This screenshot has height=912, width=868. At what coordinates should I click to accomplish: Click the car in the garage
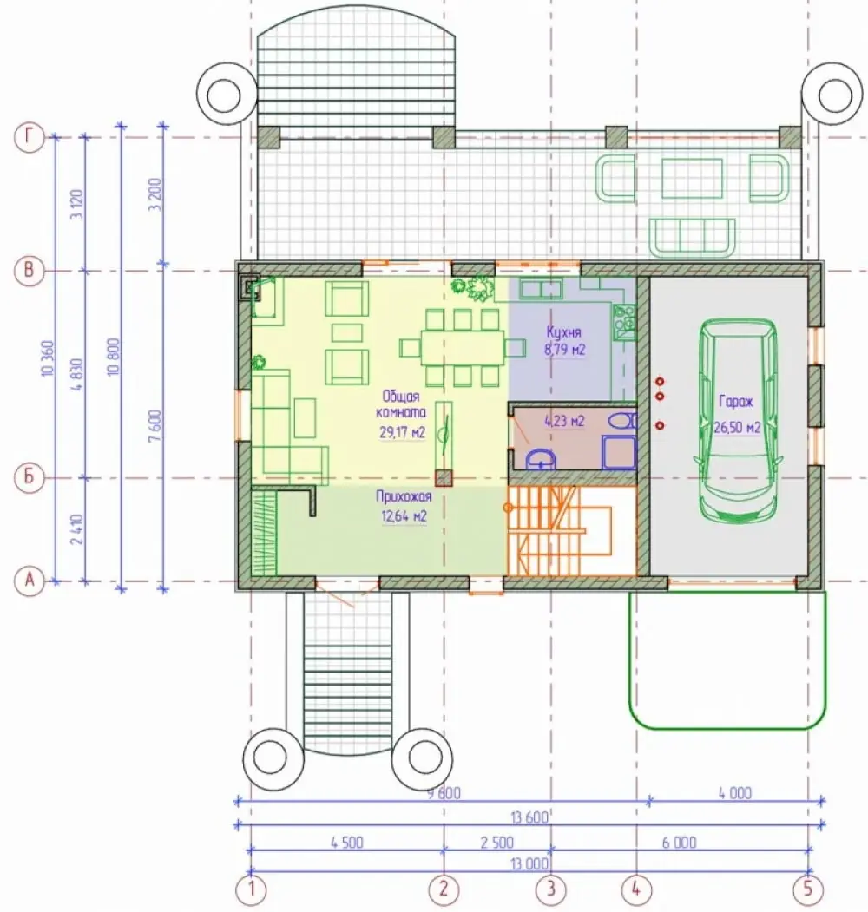(x=738, y=420)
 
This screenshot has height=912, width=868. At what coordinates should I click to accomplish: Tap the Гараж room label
(x=736, y=401)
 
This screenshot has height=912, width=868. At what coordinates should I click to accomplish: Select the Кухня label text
(x=563, y=332)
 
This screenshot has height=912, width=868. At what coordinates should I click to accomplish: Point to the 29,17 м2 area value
(x=403, y=433)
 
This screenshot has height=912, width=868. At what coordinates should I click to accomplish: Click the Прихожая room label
(x=404, y=496)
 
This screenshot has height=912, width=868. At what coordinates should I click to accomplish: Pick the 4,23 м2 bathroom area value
(x=564, y=421)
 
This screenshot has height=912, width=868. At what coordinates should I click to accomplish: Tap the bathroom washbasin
(x=541, y=460)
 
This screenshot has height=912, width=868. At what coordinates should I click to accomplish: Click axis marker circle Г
(x=30, y=138)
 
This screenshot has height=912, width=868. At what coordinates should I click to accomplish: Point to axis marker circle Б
(x=30, y=477)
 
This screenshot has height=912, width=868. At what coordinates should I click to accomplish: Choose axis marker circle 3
(x=550, y=889)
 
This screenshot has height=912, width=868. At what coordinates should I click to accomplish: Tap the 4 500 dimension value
(x=347, y=843)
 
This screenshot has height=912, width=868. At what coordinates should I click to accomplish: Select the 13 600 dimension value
(x=529, y=817)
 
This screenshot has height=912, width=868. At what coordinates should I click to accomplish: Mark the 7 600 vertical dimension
(x=155, y=426)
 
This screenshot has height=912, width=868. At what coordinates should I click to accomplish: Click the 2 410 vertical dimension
(x=76, y=529)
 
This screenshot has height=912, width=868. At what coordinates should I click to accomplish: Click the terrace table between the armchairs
(x=693, y=178)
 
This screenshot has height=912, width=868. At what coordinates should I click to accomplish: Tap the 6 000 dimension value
(x=679, y=843)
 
